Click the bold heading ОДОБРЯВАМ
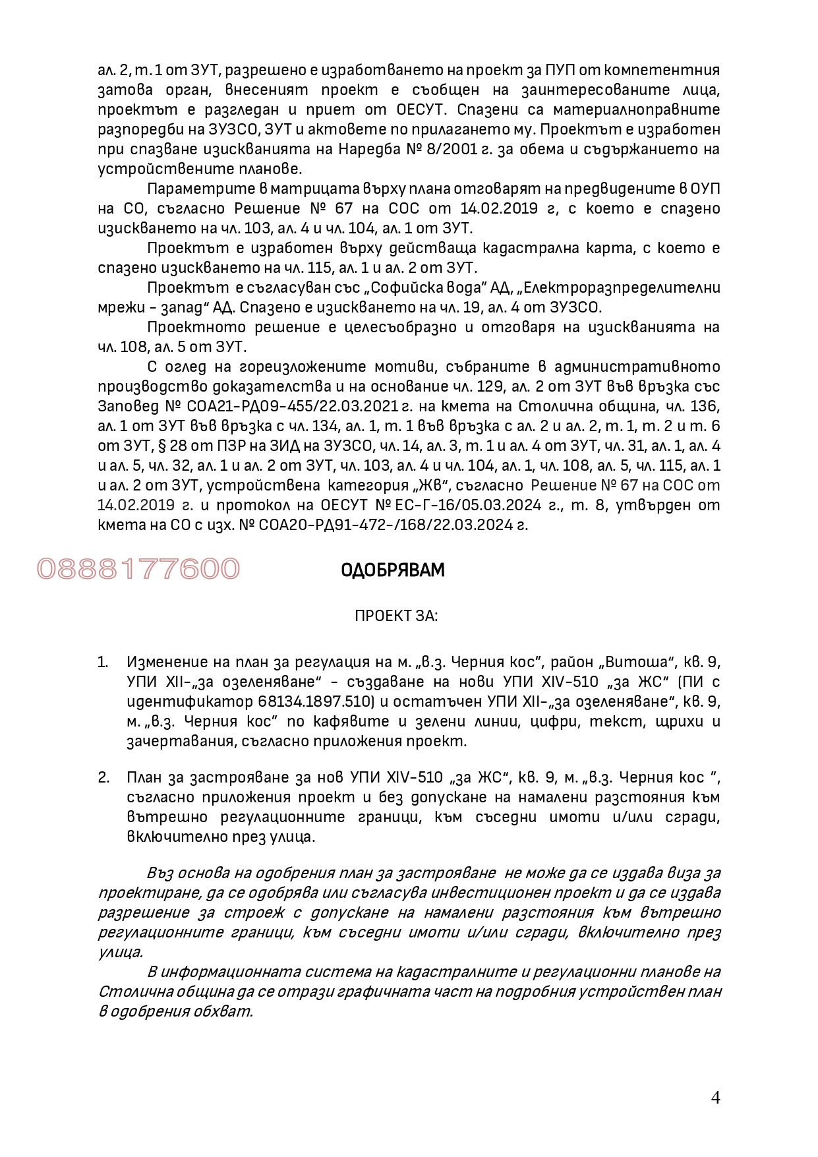[393, 570]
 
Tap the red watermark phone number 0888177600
[138, 569]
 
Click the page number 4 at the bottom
[715, 1098]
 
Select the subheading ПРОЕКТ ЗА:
[396, 616]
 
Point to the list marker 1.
[103, 662]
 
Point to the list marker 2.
[103, 777]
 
